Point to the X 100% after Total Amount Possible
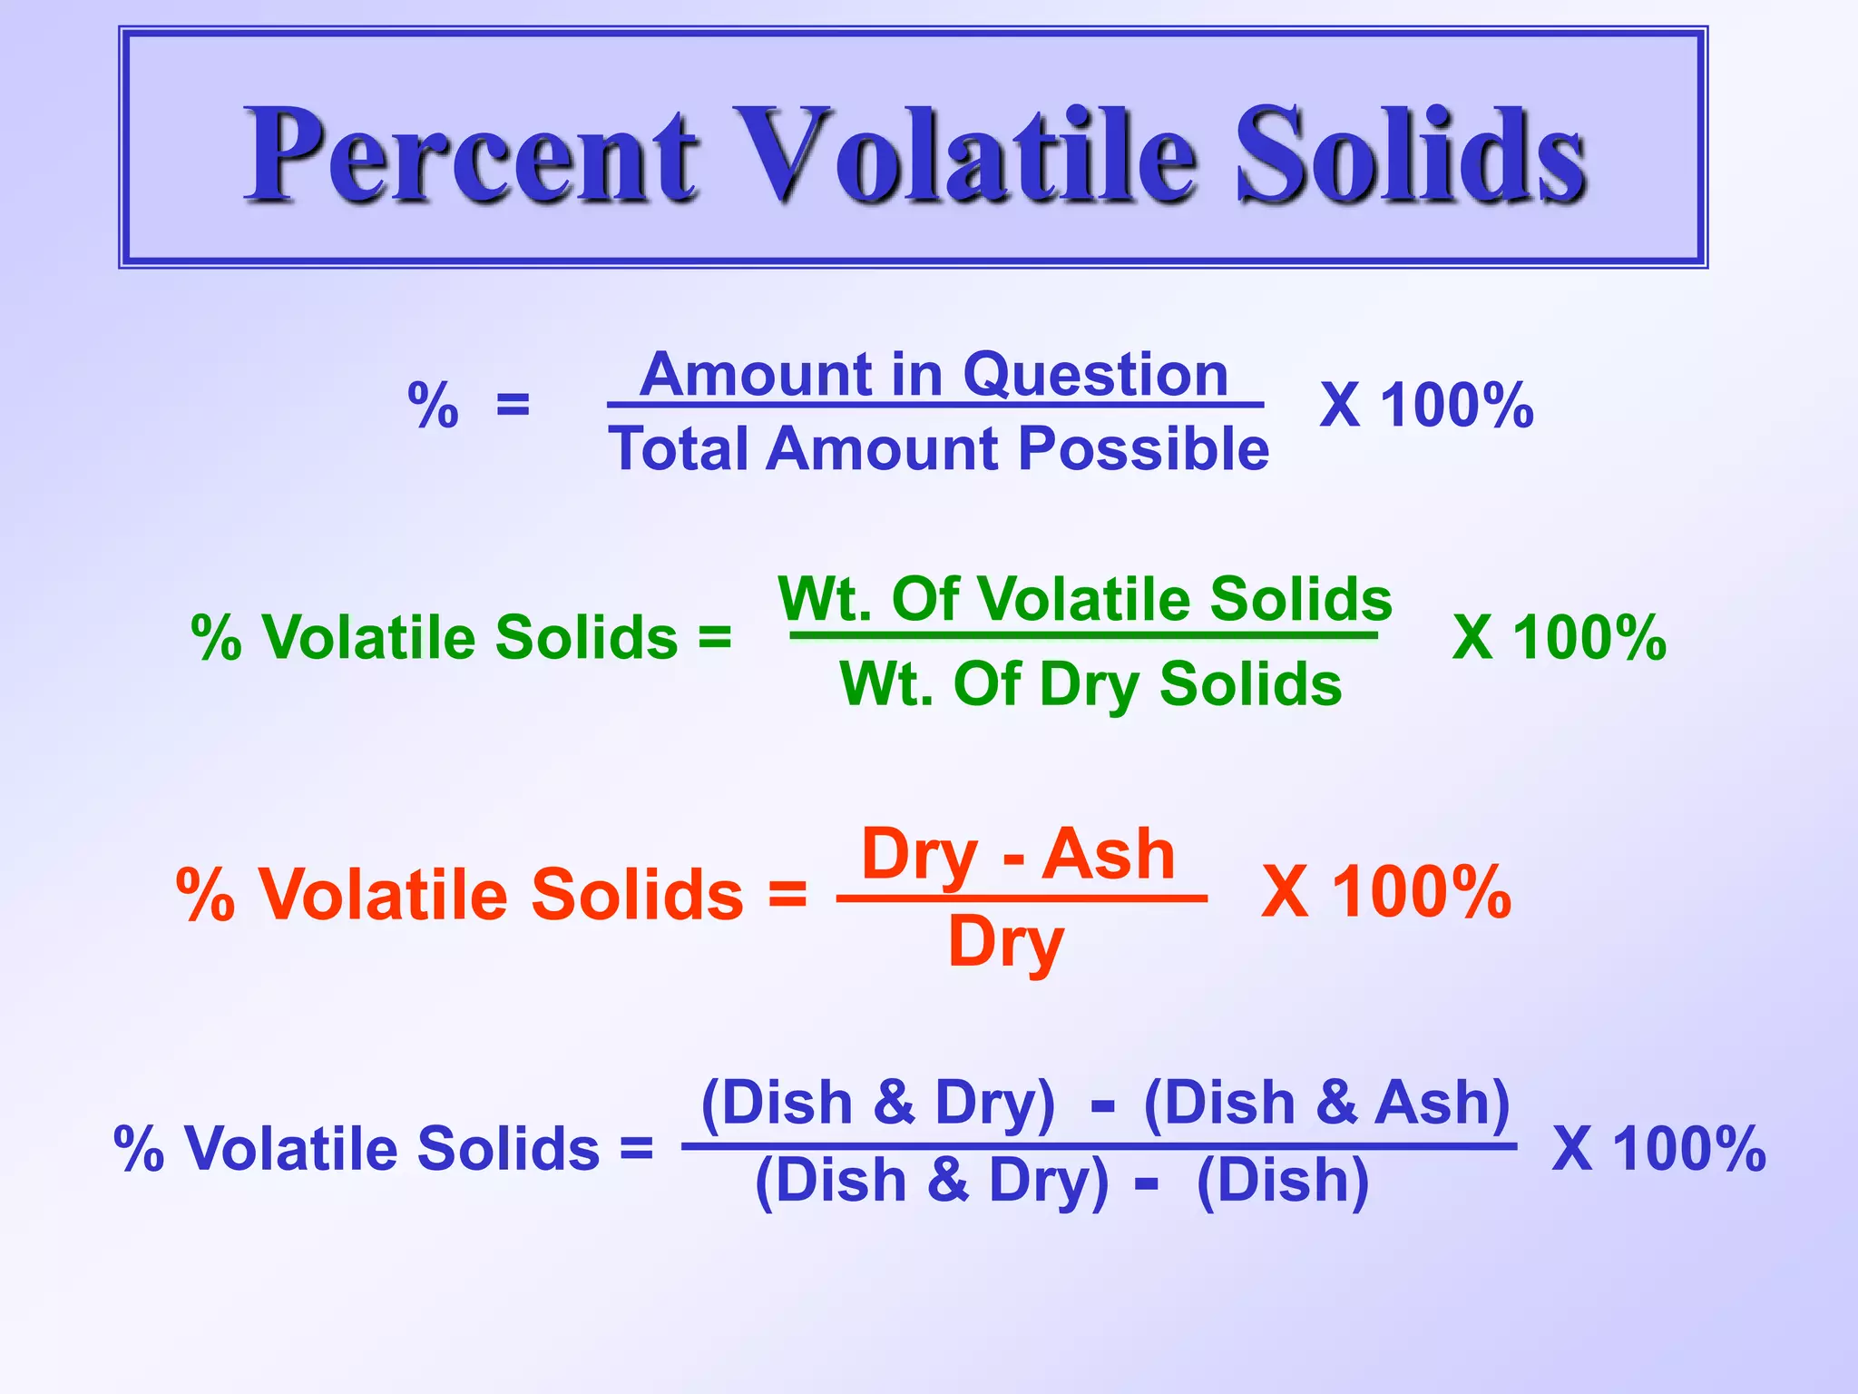click(x=1426, y=405)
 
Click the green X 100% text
click(x=1559, y=637)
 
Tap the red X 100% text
click(x=1386, y=892)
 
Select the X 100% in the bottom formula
click(x=1658, y=1149)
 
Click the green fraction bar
click(x=1083, y=635)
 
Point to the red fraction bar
click(x=1022, y=898)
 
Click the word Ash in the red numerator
click(x=1108, y=854)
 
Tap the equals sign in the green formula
click(x=714, y=637)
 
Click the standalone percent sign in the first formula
click(x=433, y=405)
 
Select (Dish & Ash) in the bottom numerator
click(x=1326, y=1104)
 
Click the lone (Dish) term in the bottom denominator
click(x=1282, y=1181)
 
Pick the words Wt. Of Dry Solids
click(x=1090, y=684)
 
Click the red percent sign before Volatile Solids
click(x=206, y=895)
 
